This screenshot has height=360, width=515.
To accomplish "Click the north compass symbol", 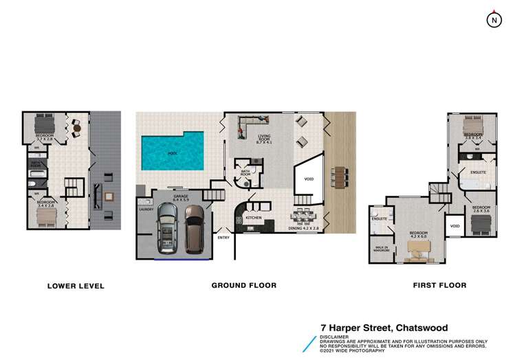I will point(493,20).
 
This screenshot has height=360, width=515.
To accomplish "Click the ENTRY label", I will point(223,238).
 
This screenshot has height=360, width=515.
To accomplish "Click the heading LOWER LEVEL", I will point(76,286).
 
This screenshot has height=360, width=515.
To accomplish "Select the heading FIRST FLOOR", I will point(439,285).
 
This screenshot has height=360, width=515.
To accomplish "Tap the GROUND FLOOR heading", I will point(244,285).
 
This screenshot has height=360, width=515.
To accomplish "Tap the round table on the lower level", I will point(76,128).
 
